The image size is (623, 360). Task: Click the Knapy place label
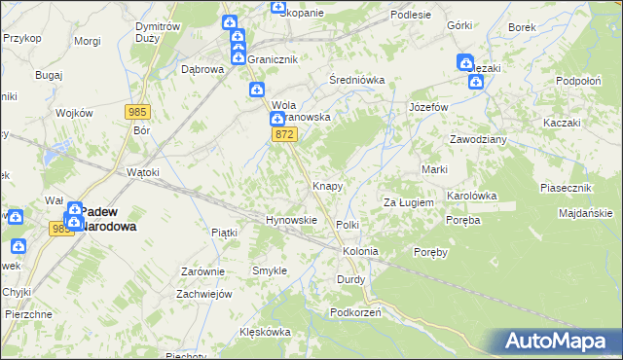coord(326,185)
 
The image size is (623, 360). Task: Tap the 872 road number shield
coord(284,134)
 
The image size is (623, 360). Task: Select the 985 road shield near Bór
coord(136,113)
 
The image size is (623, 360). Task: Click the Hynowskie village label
coord(292,220)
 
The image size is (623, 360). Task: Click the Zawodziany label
coord(478,139)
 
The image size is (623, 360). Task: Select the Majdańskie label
coord(585,213)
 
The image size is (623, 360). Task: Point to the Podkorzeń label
coord(354,312)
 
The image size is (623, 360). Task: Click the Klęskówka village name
coord(266,332)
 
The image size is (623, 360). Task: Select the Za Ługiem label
coord(407,202)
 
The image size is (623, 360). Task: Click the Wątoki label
coord(143,172)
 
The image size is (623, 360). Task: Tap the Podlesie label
coord(411,15)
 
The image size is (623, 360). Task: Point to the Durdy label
coord(350,279)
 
